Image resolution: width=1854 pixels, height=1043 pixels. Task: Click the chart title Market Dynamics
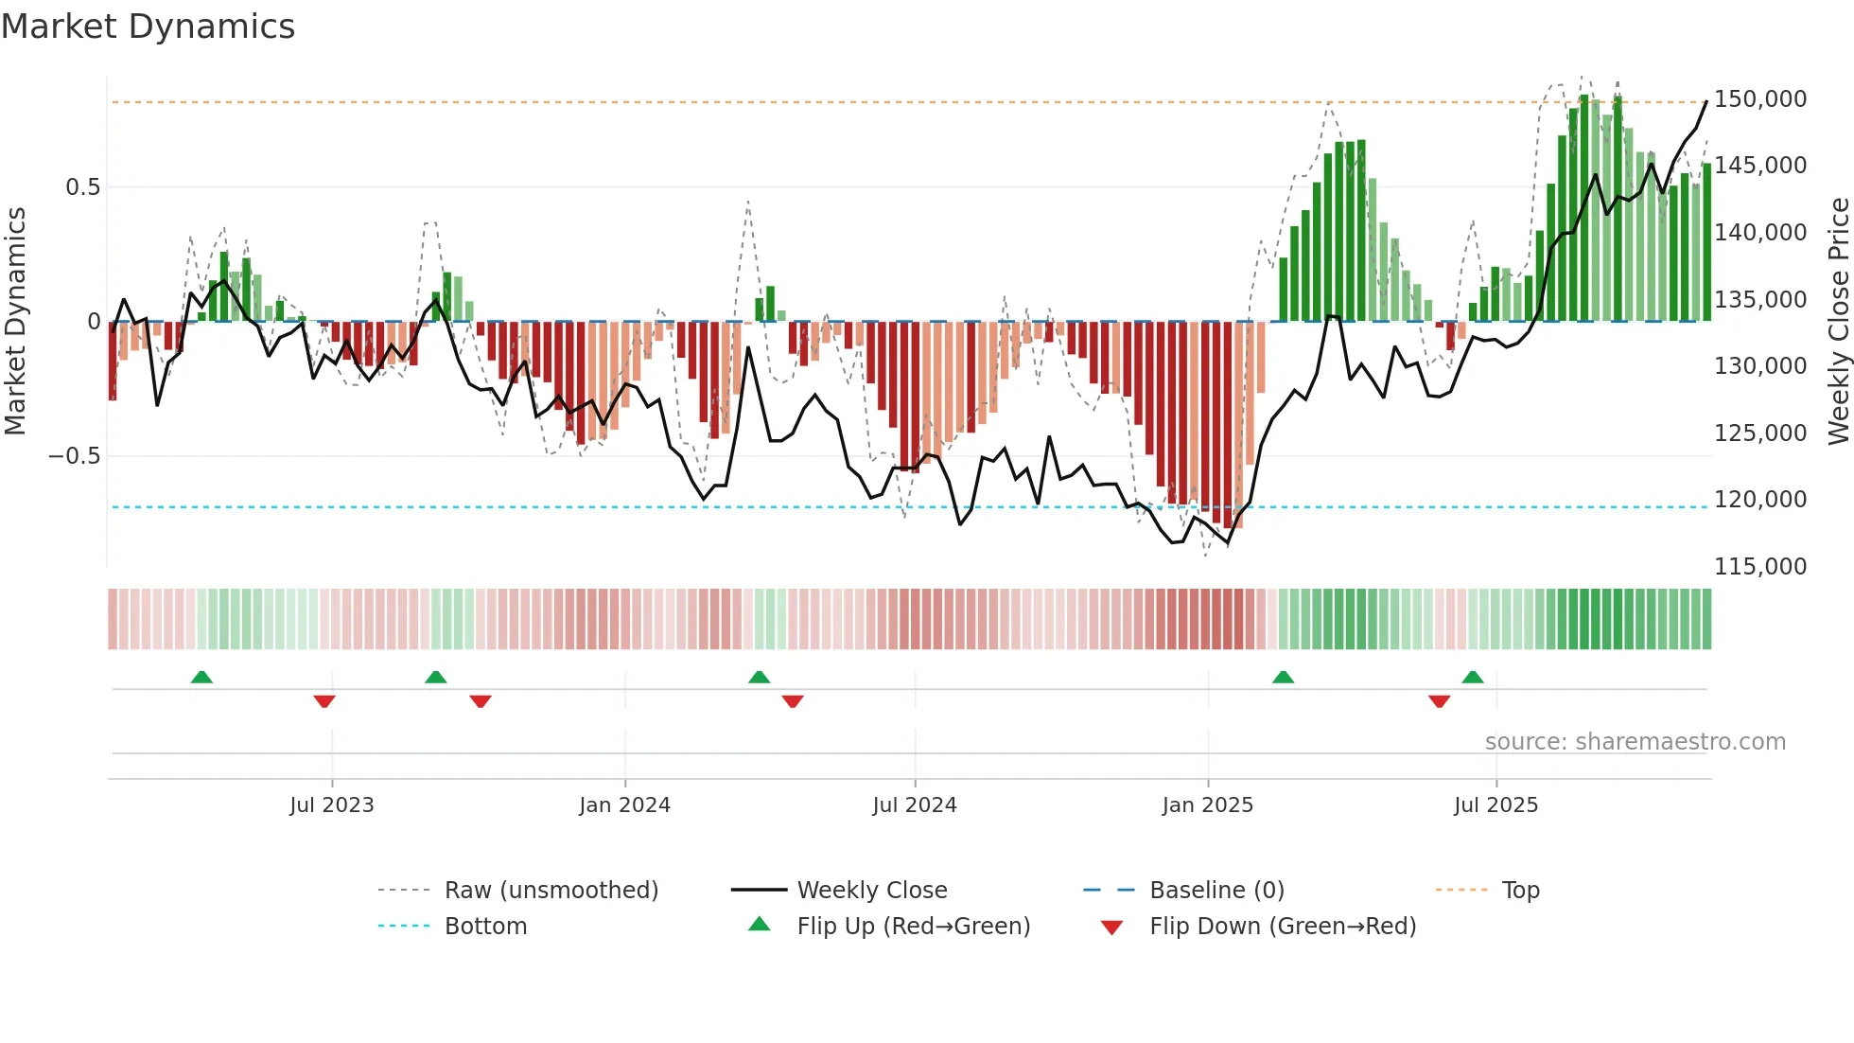tap(148, 27)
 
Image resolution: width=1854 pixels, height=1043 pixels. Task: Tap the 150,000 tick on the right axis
tap(1759, 99)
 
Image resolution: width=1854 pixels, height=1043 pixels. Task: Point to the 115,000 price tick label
tap(1759, 567)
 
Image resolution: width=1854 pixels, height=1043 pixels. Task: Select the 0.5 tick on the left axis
tap(82, 187)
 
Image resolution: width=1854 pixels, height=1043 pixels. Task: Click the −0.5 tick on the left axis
tap(75, 456)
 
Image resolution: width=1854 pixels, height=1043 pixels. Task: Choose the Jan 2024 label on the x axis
tap(624, 805)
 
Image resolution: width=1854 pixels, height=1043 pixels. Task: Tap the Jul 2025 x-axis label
tap(1495, 805)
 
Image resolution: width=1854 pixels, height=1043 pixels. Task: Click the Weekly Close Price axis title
tap(1838, 322)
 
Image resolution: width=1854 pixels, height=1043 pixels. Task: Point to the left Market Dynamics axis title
tap(15, 322)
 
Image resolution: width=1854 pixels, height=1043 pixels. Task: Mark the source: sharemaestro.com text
tap(1635, 742)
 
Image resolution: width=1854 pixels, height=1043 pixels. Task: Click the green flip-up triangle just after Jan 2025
tap(1283, 678)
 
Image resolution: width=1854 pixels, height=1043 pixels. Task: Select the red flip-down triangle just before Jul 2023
tap(324, 701)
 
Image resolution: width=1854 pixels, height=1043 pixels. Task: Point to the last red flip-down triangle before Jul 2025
tap(1440, 701)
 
